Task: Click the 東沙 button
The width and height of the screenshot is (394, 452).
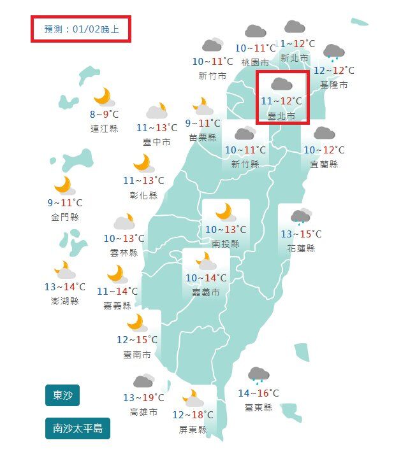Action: click(62, 395)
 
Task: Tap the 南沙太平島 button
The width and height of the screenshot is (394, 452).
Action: click(77, 428)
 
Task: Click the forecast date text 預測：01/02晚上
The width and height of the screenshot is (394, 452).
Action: click(81, 29)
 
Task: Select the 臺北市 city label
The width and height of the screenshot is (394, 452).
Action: click(282, 116)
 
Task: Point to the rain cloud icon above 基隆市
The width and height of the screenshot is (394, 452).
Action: click(333, 53)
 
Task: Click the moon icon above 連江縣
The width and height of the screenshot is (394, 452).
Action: click(104, 97)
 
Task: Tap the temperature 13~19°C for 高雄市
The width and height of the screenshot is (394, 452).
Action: click(143, 398)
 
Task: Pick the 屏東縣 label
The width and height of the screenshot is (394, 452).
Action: click(193, 430)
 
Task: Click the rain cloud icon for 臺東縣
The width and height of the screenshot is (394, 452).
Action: click(258, 375)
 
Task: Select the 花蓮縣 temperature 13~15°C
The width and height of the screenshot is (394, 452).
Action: click(301, 234)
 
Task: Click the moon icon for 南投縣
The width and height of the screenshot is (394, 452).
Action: click(225, 211)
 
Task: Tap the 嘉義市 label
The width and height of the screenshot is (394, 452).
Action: click(206, 293)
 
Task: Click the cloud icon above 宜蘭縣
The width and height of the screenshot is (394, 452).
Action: click(324, 133)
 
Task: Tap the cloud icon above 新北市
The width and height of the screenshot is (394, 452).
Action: click(293, 27)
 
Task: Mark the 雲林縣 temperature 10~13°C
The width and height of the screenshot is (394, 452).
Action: click(124, 239)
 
